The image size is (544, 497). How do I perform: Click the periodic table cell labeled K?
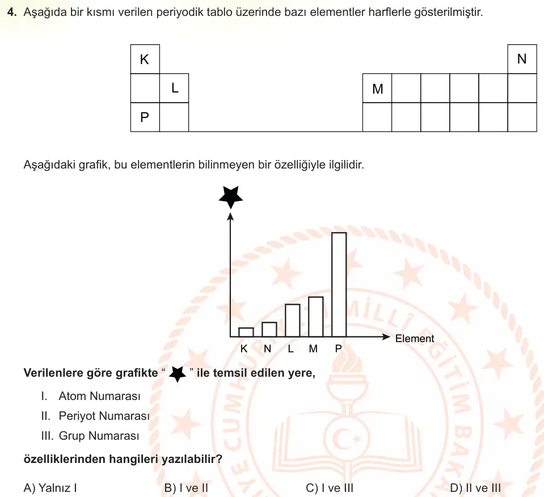pyautogui.click(x=145, y=59)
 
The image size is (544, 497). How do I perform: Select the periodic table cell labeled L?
pyautogui.click(x=174, y=88)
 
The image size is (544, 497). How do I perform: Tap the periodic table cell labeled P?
pyautogui.click(x=145, y=117)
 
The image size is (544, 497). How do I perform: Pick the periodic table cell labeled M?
pyautogui.click(x=377, y=88)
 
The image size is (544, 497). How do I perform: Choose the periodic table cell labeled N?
pyautogui.click(x=522, y=59)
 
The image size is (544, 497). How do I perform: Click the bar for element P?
pyautogui.click(x=339, y=285)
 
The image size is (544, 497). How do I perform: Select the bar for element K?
pyautogui.click(x=246, y=332)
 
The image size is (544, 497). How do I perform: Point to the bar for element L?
pyautogui.click(x=293, y=321)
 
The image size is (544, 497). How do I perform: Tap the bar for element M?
pyautogui.click(x=316, y=317)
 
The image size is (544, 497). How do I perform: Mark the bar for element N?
pyautogui.click(x=269, y=330)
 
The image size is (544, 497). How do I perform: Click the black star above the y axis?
pyautogui.click(x=231, y=197)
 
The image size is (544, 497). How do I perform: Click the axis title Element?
pyautogui.click(x=415, y=338)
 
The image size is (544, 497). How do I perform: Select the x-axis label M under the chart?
pyautogui.click(x=313, y=348)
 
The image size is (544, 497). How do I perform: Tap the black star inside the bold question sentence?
pyautogui.click(x=178, y=374)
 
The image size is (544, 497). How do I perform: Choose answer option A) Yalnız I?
pyautogui.click(x=50, y=487)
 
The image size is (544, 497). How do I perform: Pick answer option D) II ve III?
pyautogui.click(x=475, y=487)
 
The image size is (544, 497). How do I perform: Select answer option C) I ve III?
pyautogui.click(x=330, y=487)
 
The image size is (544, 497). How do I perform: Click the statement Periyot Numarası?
pyautogui.click(x=104, y=416)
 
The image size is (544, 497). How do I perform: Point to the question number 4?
pyautogui.click(x=12, y=12)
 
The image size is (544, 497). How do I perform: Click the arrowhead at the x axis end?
pyautogui.click(x=386, y=336)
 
